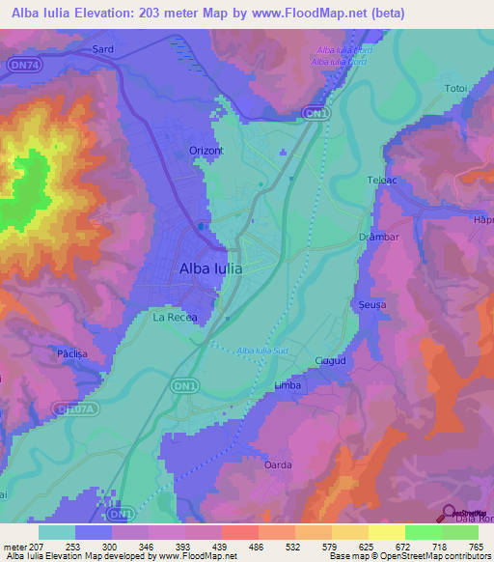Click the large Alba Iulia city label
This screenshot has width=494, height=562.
click(x=211, y=269)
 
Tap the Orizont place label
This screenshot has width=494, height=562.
click(x=204, y=151)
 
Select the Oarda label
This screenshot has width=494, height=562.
click(x=278, y=464)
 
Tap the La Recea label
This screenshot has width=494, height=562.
click(x=175, y=316)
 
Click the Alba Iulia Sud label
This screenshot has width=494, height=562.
click(x=260, y=351)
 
